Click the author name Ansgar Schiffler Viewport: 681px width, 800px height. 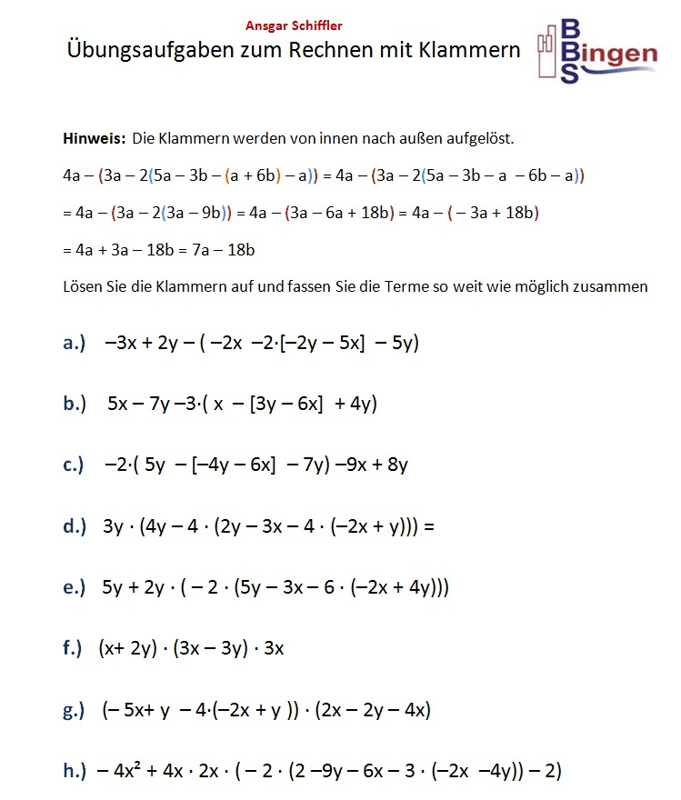(294, 26)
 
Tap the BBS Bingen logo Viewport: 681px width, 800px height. (596, 51)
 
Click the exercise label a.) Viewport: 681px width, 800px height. (75, 343)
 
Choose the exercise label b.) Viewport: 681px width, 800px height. (75, 404)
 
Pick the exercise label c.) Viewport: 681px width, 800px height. (75, 465)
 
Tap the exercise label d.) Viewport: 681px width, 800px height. (75, 526)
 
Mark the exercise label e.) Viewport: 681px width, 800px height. (75, 587)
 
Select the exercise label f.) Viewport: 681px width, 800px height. (73, 648)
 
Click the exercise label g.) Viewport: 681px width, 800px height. (75, 710)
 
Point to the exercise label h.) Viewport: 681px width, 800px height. (75, 771)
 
